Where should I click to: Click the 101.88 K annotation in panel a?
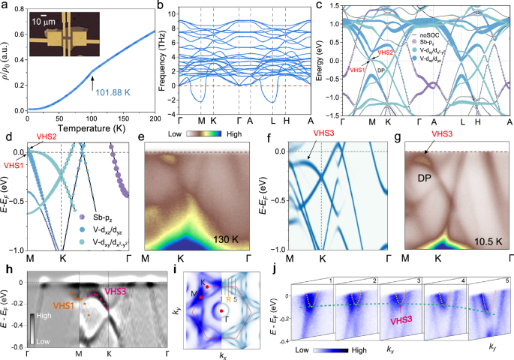[x=102, y=92]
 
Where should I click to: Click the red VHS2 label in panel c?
[x=386, y=52]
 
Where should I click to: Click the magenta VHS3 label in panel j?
[x=404, y=319]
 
